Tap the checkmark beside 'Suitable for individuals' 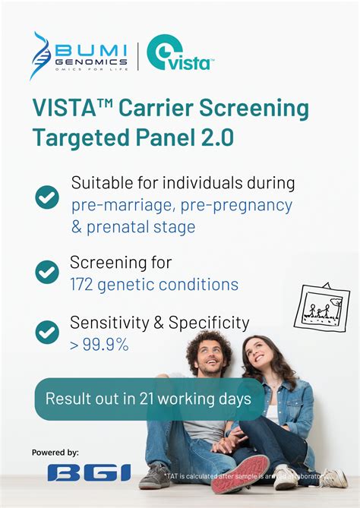[47, 197]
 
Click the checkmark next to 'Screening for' [47, 272]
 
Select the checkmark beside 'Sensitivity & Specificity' [47, 332]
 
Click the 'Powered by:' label [55, 453]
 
